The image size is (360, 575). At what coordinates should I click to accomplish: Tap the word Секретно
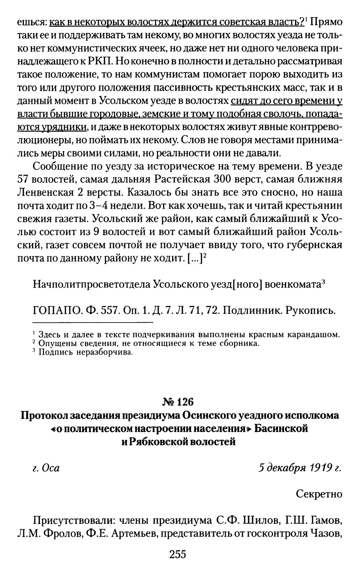(319, 494)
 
